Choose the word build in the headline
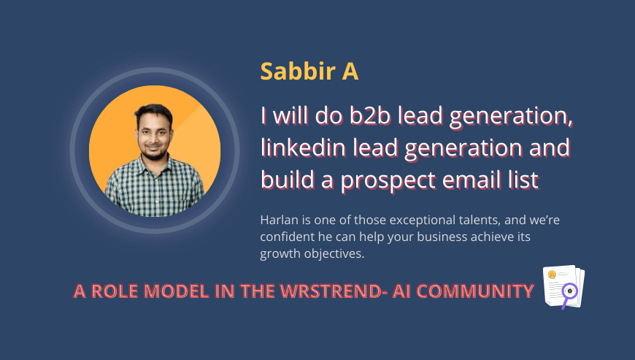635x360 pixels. [x=286, y=180]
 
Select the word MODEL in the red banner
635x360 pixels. [x=174, y=291]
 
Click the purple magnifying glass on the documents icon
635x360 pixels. [x=569, y=291]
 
